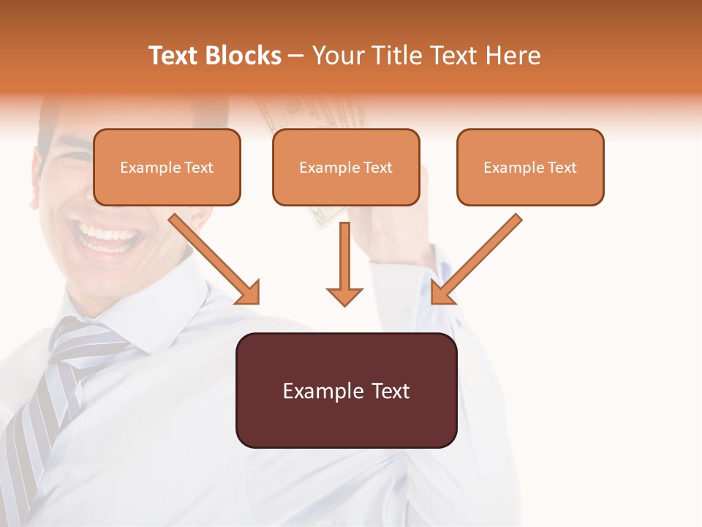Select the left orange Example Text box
point(167,167)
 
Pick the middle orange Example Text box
point(346,167)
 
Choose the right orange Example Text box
point(530,167)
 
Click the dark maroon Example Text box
point(346,390)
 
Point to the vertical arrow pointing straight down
point(344,263)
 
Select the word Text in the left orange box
point(198,167)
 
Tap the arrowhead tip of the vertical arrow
point(344,304)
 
